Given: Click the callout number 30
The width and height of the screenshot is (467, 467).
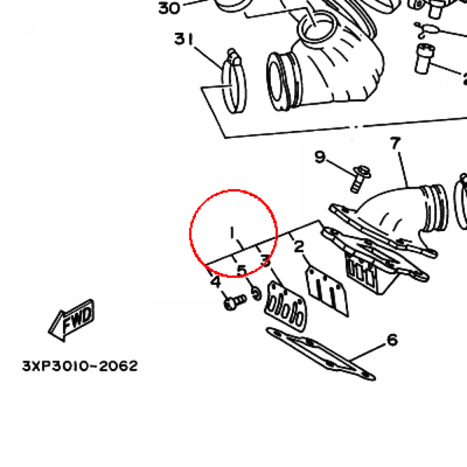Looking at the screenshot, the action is tap(169, 8).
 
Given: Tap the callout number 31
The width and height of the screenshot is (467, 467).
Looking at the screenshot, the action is tap(184, 39).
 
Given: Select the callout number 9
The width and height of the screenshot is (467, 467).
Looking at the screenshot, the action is tap(320, 157).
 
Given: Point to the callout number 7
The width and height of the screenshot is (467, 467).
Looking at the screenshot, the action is tap(395, 143).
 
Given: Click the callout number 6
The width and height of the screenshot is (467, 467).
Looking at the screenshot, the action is tap(393, 340).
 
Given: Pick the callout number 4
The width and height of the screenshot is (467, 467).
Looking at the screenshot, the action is tap(216, 281).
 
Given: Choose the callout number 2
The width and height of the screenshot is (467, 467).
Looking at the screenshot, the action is tap(299, 247).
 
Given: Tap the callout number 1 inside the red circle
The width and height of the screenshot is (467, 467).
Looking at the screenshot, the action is tap(232, 233).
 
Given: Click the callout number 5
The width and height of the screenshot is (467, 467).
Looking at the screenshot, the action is tap(242, 271).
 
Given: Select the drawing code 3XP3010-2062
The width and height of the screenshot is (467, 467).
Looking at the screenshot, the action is tap(80, 366).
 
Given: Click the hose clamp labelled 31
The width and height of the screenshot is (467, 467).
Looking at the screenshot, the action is tap(234, 82).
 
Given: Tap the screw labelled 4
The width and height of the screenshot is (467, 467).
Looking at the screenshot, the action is tap(235, 302).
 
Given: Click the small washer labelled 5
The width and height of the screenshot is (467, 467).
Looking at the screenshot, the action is tap(256, 294).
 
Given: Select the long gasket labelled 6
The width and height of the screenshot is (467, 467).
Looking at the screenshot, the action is tap(321, 354).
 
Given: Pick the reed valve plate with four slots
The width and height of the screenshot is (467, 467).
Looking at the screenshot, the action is tap(285, 306).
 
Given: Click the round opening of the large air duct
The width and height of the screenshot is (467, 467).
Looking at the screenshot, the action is tap(279, 81).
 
